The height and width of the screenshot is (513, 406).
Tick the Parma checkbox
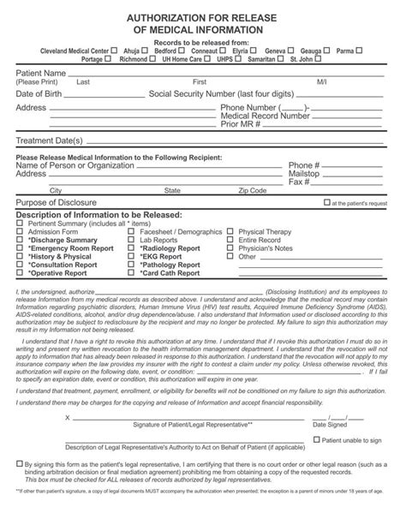pos(360,51)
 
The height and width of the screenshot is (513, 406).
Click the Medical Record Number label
pos(266,116)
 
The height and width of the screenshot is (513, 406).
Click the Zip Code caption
pos(254,190)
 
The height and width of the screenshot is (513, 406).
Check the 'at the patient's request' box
pos(326,203)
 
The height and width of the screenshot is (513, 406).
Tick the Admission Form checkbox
pos(21,231)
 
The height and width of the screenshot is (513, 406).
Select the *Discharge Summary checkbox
pos(21,240)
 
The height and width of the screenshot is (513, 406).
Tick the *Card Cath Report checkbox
pos(132,272)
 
